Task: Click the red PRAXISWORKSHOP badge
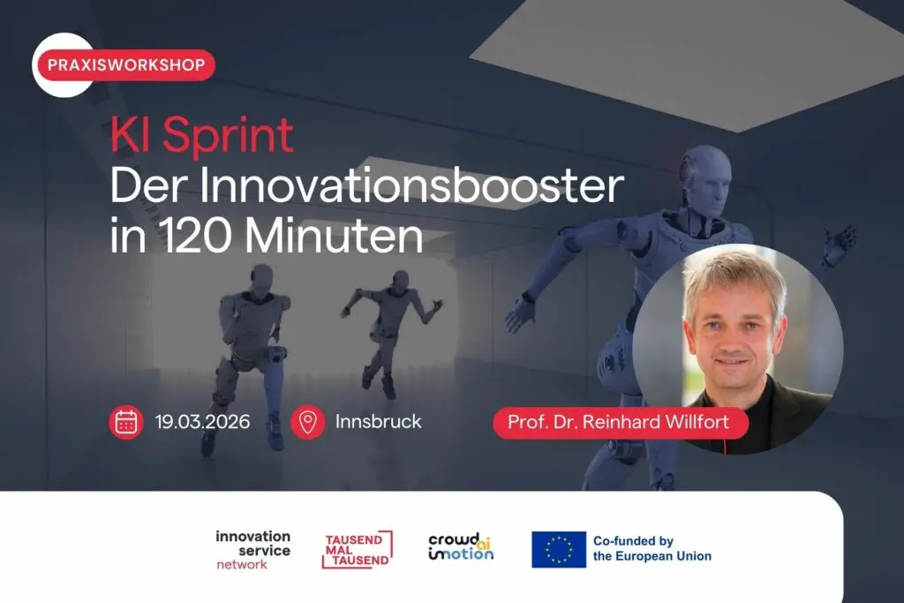[x=126, y=64]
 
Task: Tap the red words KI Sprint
[x=202, y=136]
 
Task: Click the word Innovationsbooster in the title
[x=412, y=185]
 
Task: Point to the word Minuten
[x=335, y=237]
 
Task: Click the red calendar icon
[x=126, y=422]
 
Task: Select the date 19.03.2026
[x=202, y=422]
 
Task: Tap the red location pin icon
[x=307, y=422]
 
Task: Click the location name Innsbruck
[x=378, y=422]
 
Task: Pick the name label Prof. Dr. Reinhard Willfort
[x=621, y=423]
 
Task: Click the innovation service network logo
[x=253, y=550]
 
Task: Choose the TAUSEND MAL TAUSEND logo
[x=358, y=549]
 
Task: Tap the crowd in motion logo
[x=461, y=547]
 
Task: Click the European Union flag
[x=559, y=549]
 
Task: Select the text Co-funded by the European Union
[x=652, y=549]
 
